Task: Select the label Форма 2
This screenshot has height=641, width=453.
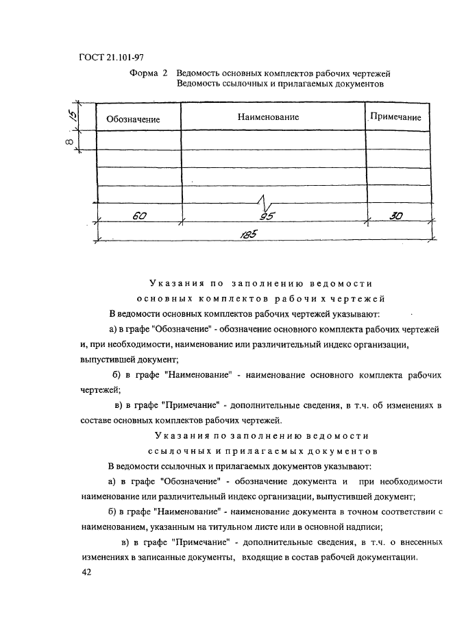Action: tap(149, 73)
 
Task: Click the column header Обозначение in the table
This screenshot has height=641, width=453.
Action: tap(133, 119)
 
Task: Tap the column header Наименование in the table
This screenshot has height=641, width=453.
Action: tap(268, 117)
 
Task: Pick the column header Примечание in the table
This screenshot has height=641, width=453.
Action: tap(396, 117)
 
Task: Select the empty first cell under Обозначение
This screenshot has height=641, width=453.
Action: tap(138, 140)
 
